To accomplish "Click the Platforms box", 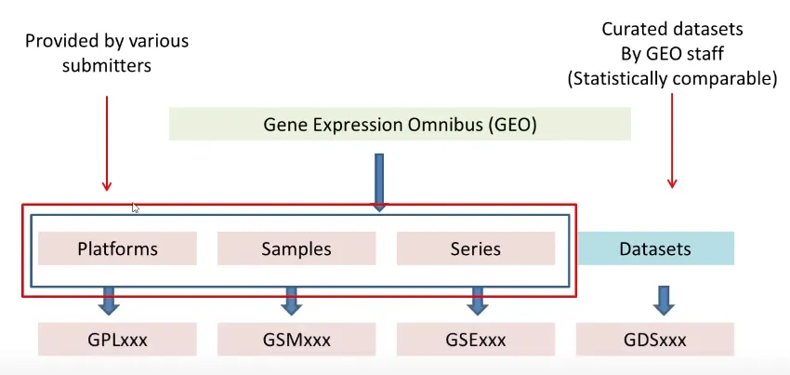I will click(117, 248).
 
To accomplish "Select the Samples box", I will click(296, 248).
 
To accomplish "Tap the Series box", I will click(475, 248).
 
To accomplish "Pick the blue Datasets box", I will click(655, 248).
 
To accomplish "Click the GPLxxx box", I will click(117, 339).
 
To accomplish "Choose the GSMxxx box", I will click(296, 339).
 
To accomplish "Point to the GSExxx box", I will click(475, 339).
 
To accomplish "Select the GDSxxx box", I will click(655, 339).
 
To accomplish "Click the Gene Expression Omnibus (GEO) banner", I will click(400, 124).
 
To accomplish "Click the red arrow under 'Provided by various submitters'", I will click(107, 140).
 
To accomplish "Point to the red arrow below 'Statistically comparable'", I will click(672, 140).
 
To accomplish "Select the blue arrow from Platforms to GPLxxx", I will click(109, 300).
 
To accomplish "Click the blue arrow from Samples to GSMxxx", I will click(291, 300).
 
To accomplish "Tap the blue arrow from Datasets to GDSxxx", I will click(662, 300).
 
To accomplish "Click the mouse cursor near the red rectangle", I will click(136, 208).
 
